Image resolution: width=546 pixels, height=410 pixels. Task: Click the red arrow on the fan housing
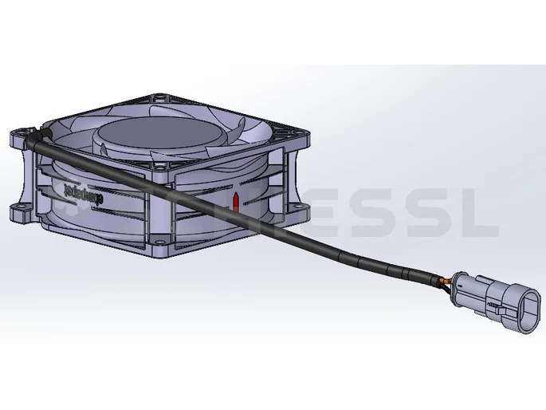[x=235, y=200]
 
